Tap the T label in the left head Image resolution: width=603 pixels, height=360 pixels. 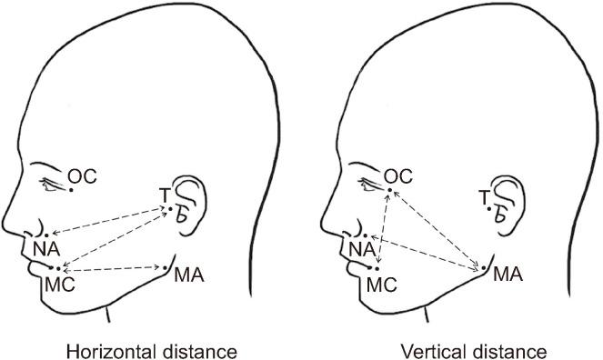click(x=165, y=195)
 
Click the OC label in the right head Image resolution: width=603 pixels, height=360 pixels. click(x=398, y=175)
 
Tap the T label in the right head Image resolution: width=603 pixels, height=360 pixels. click(x=483, y=196)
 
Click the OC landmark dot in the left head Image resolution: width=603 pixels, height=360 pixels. click(x=72, y=189)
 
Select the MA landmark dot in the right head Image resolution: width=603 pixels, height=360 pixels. click(x=483, y=269)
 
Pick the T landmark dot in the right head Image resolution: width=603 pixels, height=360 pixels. click(x=489, y=208)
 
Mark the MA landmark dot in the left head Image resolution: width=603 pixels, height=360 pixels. click(x=165, y=268)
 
